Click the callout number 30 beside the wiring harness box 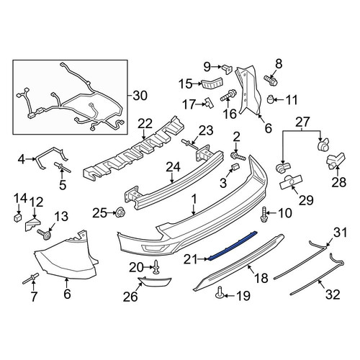(x=140, y=96)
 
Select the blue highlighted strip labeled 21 (x=233, y=246)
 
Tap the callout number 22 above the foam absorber (x=145, y=125)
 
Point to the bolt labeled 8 (x=271, y=81)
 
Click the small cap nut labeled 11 (x=271, y=99)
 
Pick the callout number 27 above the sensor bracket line (x=302, y=122)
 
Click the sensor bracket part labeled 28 (x=336, y=159)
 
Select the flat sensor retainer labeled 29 (x=291, y=182)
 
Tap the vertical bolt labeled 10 (x=264, y=214)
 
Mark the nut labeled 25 (x=120, y=212)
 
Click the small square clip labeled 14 (x=17, y=217)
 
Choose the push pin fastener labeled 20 (x=156, y=267)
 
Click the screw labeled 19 (x=220, y=292)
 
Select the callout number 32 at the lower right (x=333, y=295)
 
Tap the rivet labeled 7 (x=31, y=279)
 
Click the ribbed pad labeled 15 (x=212, y=83)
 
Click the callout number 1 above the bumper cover (x=194, y=199)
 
